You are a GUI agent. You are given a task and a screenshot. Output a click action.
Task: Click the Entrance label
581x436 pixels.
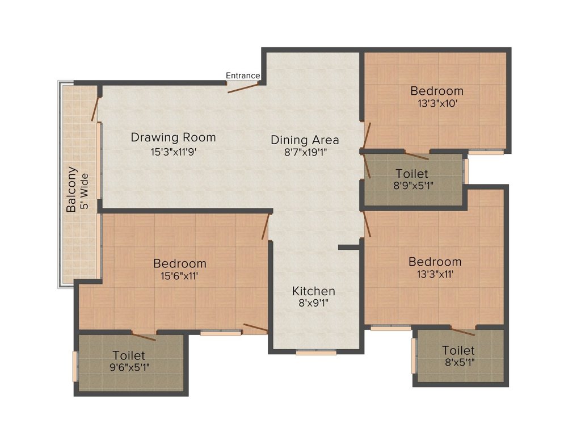pos(243,76)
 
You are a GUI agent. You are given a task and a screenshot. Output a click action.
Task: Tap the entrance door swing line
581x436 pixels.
pos(243,88)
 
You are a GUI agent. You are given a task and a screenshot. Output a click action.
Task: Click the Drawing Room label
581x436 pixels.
pos(174,137)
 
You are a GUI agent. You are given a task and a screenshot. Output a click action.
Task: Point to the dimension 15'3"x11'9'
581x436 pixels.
pos(174,152)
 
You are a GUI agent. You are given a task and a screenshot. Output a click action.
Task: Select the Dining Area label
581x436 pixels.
pos(305,140)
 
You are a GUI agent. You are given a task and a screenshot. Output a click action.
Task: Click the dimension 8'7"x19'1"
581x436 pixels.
pos(306,152)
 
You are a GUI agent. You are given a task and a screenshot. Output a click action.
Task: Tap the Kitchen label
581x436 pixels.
pos(313,291)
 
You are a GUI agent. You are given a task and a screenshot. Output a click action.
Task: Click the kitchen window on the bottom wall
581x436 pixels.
pos(316,352)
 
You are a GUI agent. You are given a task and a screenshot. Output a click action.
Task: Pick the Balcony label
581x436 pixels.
pos(71,190)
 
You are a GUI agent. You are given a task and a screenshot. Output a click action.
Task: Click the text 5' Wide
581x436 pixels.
pos(85,191)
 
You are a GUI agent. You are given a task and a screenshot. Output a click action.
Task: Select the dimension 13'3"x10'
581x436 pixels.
pos(437,103)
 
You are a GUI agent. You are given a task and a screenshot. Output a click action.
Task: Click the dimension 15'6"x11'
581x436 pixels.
pos(179,276)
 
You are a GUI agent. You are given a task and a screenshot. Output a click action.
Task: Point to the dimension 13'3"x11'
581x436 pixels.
pos(435,274)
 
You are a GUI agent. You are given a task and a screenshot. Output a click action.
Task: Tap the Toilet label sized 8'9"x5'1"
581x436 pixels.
pos(412,174)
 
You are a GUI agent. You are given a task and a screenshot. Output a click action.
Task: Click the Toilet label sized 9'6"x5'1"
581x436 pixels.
pos(129,355)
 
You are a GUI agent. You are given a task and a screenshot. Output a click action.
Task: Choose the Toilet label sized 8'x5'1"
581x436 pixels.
pos(458,350)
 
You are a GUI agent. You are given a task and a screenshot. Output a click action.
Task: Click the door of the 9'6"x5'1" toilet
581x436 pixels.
pos(144,337)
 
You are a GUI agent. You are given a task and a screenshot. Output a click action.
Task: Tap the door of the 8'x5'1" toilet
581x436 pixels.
pos(463,332)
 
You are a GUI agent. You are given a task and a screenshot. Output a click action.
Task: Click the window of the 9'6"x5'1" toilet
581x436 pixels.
pos(75,366)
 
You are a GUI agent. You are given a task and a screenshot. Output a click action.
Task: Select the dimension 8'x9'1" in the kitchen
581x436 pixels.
pos(313,303)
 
